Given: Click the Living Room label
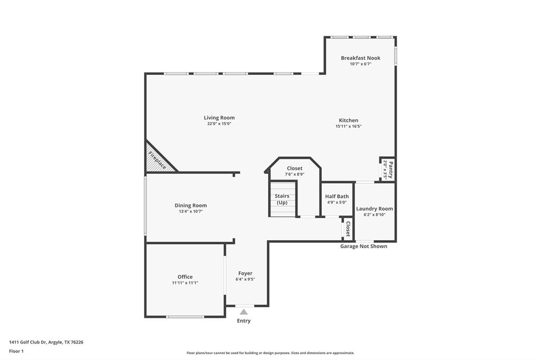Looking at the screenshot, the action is point(219,118).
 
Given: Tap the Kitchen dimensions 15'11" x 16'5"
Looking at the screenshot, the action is point(348,127).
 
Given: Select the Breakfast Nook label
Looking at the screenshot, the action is point(360,58).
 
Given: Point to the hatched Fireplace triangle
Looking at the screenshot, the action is point(156,160).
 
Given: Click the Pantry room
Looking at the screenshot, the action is point(387,169).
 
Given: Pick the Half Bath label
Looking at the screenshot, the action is point(337,196).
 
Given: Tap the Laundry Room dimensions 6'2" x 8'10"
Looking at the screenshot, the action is point(374,215).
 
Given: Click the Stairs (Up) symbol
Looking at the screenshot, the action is point(282,199).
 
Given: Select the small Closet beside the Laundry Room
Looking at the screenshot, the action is point(348,229).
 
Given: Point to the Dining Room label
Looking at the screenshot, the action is point(191,205).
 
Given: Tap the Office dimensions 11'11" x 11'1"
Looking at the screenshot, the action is point(185,283).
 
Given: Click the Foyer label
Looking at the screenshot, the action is point(245,273).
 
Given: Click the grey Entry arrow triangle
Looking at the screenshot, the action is point(244,312).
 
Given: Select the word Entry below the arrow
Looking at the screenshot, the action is point(244,321).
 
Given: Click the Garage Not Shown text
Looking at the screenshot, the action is point(363,247).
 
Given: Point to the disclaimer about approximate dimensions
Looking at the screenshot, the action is point(270,353).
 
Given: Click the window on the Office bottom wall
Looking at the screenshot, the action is point(185,317).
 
